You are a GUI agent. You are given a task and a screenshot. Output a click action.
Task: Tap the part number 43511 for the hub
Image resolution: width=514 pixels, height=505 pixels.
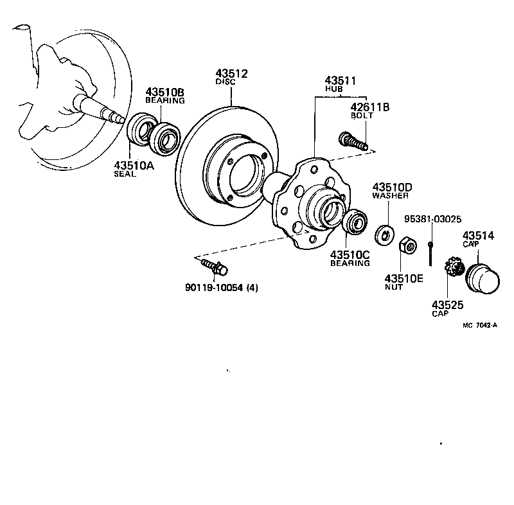340,80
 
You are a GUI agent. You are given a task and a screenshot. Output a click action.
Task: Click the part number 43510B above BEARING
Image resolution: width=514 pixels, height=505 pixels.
164,91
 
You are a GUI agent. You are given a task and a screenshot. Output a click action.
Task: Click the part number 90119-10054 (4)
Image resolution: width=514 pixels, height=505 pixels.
222,287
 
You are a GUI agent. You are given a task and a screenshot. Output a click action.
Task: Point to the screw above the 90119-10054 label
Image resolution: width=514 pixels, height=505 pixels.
212,264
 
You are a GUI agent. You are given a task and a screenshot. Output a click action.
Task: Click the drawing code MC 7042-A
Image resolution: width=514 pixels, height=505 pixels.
481,325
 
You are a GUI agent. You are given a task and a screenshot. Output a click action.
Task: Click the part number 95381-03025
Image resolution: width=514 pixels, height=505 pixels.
432,219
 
